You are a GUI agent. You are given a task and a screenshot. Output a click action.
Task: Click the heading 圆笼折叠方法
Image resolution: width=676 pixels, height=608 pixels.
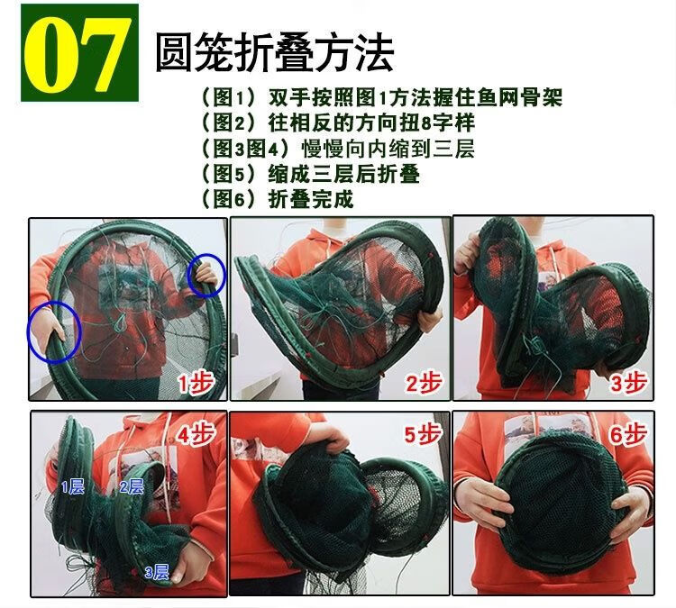coord(274,53)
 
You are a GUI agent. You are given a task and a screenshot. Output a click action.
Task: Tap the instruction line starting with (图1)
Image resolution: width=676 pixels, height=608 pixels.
coord(382,97)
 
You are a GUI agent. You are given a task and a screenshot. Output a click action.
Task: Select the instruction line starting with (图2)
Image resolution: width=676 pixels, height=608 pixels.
coord(338,122)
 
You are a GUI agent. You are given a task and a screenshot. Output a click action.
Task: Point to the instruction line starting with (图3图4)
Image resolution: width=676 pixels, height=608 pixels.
coord(338,148)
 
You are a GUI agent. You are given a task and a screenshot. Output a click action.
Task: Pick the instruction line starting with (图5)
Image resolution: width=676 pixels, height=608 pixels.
coord(310,173)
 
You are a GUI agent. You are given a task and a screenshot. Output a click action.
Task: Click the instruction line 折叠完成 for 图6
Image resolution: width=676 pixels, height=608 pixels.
coord(278,198)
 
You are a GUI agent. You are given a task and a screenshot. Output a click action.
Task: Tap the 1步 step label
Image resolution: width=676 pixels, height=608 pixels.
coord(196,382)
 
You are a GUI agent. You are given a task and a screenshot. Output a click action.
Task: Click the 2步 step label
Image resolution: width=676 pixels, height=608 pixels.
coord(424,382)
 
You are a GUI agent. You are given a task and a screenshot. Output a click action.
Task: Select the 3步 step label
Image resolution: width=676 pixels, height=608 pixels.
coord(628,382)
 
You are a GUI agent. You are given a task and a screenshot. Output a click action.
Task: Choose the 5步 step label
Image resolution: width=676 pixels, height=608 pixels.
coord(423,433)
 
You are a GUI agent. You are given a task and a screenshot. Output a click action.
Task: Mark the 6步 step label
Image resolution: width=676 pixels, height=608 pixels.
coord(627,433)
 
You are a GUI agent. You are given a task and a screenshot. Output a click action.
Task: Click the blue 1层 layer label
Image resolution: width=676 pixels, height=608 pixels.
coord(72,487)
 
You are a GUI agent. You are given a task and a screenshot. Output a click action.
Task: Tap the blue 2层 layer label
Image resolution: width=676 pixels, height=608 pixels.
coord(132,486)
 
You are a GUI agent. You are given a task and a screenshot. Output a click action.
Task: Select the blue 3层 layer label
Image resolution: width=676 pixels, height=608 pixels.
coord(157,572)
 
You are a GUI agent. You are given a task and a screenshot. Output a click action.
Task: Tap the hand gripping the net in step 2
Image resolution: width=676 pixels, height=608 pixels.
coord(429,318)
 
